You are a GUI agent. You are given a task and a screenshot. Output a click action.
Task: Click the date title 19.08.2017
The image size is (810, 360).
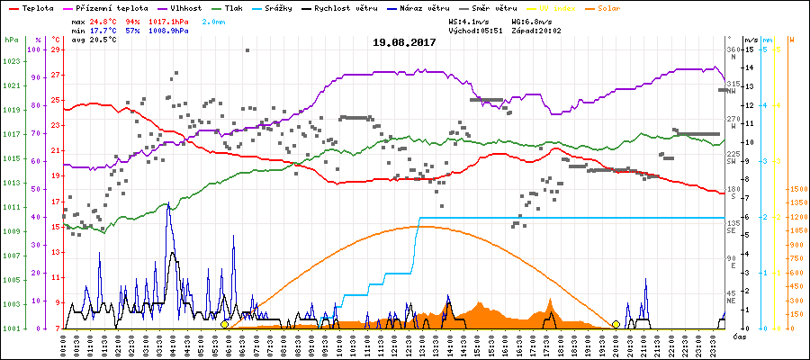(405, 41)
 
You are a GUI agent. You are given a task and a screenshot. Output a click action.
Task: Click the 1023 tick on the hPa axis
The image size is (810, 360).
(12, 61)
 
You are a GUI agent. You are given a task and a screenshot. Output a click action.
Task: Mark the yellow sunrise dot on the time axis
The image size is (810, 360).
(224, 324)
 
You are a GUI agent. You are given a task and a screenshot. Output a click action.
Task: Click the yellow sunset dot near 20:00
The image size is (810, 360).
(616, 324)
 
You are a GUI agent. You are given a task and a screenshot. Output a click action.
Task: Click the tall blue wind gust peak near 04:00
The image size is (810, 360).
(168, 205)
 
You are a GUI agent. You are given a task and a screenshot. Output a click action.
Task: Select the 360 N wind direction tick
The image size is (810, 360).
(733, 52)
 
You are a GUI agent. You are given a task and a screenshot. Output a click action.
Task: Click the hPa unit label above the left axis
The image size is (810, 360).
(11, 40)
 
